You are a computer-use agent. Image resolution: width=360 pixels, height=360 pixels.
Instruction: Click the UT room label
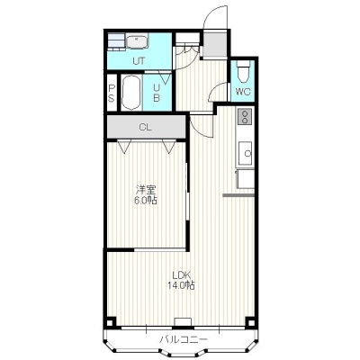139,61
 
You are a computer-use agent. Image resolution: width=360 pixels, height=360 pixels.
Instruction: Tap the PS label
112,93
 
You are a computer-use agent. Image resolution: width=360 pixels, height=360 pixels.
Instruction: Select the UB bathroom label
157,93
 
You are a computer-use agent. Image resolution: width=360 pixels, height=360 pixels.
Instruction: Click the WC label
243,92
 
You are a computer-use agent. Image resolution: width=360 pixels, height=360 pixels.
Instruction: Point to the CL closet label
146,128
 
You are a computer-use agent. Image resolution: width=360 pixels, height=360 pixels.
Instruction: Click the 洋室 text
146,190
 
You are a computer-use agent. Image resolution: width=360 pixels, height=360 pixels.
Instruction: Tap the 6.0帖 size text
146,201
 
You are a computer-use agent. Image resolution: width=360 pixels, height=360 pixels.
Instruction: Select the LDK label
182,274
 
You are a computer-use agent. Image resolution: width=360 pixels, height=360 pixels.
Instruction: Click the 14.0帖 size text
181,285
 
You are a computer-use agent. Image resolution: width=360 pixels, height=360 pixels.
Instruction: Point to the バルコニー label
184,339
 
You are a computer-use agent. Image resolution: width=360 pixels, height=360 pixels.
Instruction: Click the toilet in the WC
243,72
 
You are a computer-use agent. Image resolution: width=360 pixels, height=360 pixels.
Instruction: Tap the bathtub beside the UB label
131,93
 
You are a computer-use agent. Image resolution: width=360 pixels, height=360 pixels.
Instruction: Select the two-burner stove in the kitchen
246,116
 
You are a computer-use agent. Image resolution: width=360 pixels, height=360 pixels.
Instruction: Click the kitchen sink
246,153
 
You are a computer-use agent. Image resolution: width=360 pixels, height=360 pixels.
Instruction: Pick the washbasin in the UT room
137,40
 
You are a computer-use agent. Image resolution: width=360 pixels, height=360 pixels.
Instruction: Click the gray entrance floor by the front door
214,44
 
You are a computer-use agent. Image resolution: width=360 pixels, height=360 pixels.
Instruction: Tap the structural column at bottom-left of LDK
110,323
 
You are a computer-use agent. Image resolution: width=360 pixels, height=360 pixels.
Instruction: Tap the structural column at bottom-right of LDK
250,322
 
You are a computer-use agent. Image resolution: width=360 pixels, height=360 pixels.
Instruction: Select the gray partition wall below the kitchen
238,195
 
